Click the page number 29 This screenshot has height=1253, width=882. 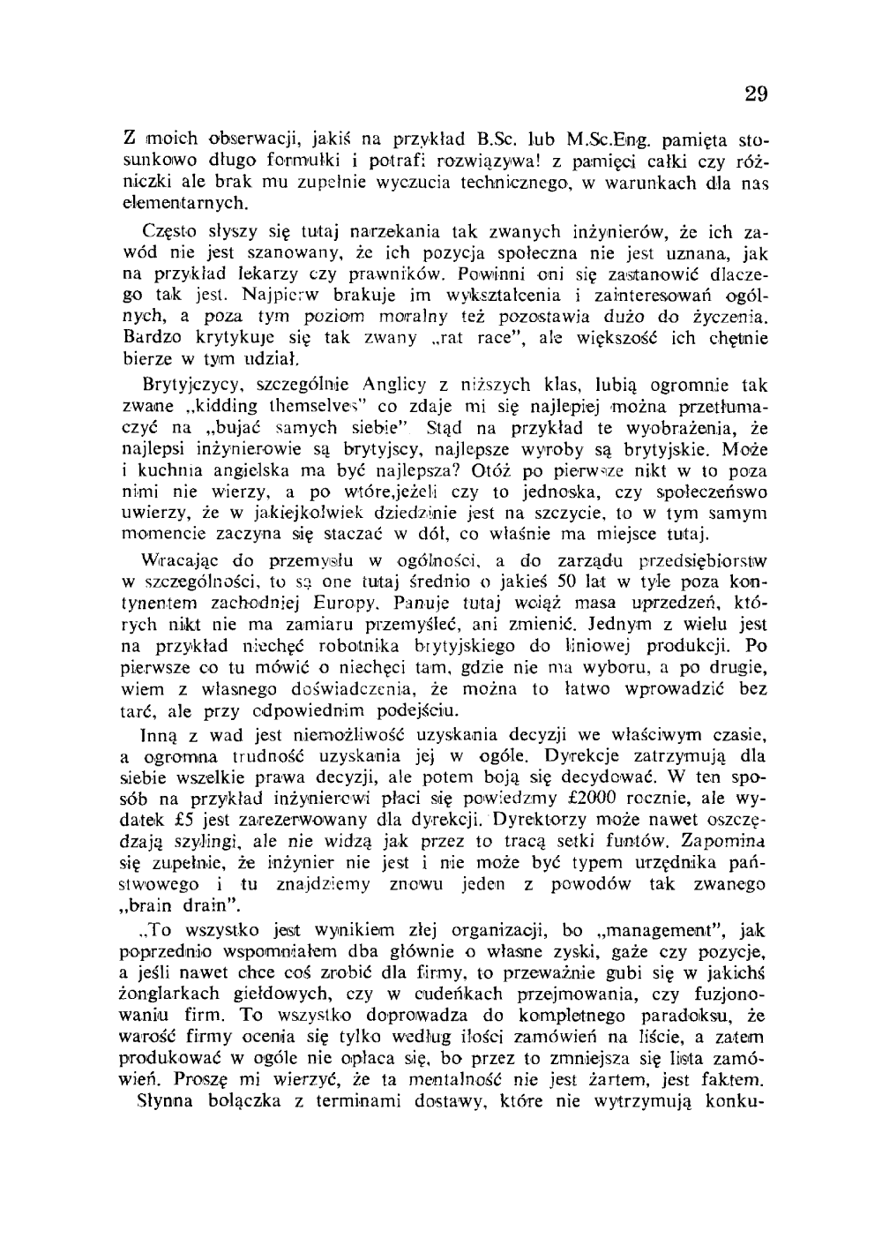click(755, 94)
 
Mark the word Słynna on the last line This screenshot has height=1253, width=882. click(168, 1100)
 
